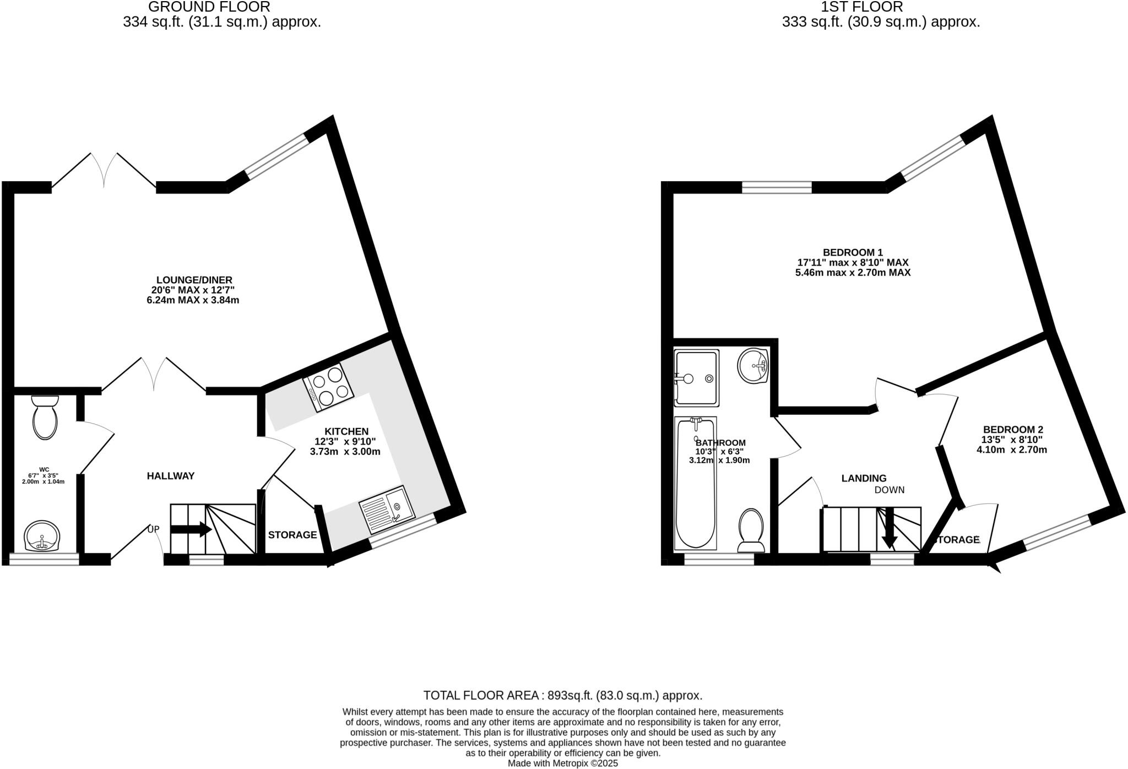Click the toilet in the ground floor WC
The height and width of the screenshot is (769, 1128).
[45, 419]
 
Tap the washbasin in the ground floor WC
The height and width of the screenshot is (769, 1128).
[42, 536]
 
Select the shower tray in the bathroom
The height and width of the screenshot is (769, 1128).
[696, 378]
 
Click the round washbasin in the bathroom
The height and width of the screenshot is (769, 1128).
[753, 365]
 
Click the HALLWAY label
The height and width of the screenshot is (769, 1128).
[171, 476]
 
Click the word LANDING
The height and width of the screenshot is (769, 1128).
[864, 478]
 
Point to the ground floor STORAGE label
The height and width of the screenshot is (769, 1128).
[292, 535]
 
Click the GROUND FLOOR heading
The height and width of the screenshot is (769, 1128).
[209, 7]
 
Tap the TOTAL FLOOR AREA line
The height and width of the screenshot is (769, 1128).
[562, 695]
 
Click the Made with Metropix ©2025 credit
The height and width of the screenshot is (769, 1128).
[562, 763]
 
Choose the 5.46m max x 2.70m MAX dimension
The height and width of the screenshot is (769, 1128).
[853, 273]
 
